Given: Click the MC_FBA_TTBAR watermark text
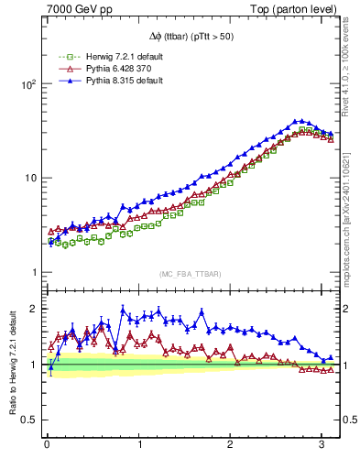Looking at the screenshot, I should [x=189, y=274].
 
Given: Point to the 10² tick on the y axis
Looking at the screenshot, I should [x=27, y=83].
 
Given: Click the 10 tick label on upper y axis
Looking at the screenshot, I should [x=29, y=178].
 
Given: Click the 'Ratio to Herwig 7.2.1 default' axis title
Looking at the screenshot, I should [x=12, y=366].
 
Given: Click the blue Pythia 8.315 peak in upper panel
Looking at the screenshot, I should [x=298, y=120].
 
